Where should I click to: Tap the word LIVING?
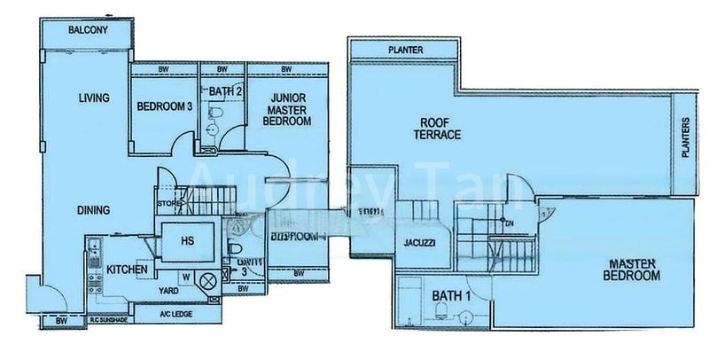(x=92, y=98)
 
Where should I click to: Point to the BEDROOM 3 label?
(x=165, y=107)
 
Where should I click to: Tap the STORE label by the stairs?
(x=169, y=204)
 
